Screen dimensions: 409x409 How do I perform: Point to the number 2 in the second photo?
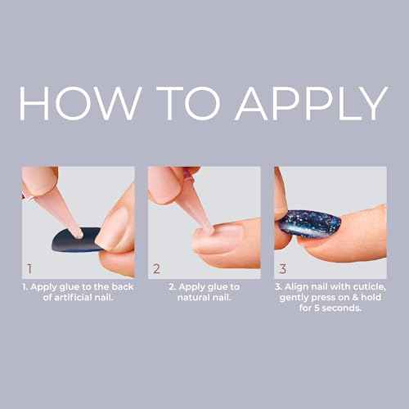tap(157, 267)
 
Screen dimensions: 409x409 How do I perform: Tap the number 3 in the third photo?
tap(283, 267)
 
